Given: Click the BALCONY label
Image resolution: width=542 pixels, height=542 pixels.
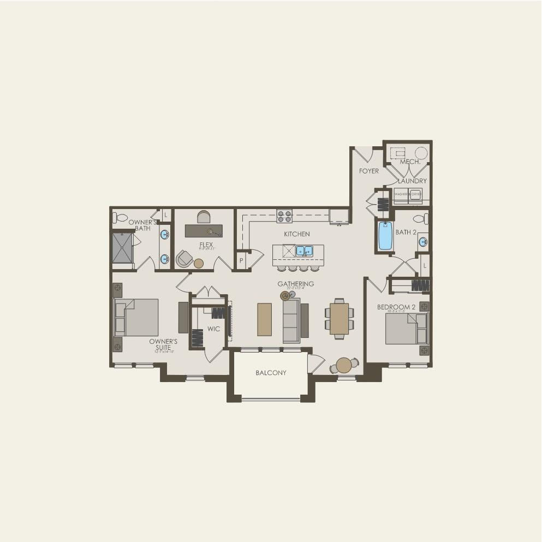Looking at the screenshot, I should pos(271,373).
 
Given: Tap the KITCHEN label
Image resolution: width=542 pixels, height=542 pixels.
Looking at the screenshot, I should pos(296,234).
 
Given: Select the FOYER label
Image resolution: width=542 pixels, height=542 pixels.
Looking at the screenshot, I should pos(368,171).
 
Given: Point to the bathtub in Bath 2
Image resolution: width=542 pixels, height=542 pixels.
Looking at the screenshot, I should pos(385,236).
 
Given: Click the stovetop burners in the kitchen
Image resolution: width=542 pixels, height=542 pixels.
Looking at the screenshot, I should pos(284,216).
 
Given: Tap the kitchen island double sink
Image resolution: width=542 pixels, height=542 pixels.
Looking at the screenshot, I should pos(304,251).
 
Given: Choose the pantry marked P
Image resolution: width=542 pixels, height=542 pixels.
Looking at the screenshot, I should pos(241,260).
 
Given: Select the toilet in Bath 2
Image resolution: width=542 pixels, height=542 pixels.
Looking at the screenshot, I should pos(421,219).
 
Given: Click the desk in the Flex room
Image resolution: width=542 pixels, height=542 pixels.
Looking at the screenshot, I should pos(204,231).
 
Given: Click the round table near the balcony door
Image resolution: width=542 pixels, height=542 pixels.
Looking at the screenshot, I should pos(344,365).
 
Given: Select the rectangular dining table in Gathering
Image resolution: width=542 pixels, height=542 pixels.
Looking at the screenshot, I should pos(339,318).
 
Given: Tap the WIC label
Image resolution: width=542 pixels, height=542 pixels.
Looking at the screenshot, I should pos(213,329).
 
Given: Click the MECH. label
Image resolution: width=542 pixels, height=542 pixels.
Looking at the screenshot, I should pos(409,162).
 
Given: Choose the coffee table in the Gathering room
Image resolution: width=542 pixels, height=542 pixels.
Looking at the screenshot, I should pos(264,319).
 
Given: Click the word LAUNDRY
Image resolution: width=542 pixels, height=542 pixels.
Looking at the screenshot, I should pos(412,181).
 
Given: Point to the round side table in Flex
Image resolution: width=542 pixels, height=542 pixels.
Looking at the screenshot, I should pos(199,263).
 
